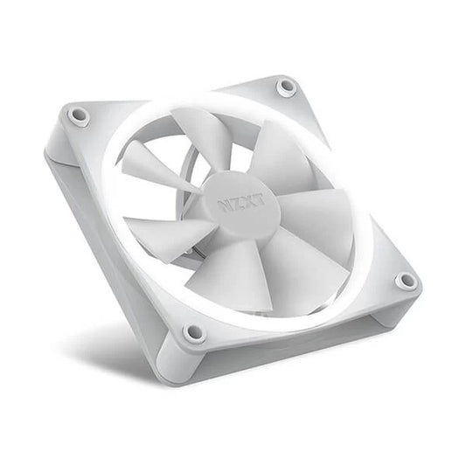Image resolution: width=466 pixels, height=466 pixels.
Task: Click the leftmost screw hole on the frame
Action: (80, 114)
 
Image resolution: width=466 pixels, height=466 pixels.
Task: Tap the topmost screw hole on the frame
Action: (285, 86)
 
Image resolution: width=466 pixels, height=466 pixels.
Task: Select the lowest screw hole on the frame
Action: (194, 333)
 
